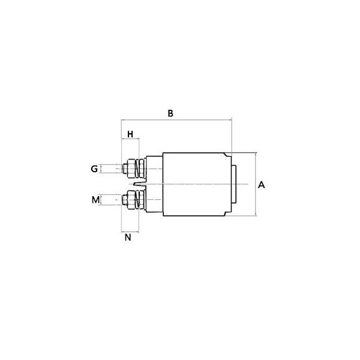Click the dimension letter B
[x=170, y=113]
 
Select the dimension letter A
[x=261, y=185]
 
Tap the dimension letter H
[x=130, y=134]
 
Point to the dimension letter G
[x=94, y=169]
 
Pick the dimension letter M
[x=95, y=200]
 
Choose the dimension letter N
[x=128, y=237]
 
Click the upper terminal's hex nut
[x=131, y=169]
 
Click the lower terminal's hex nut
[x=131, y=200]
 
